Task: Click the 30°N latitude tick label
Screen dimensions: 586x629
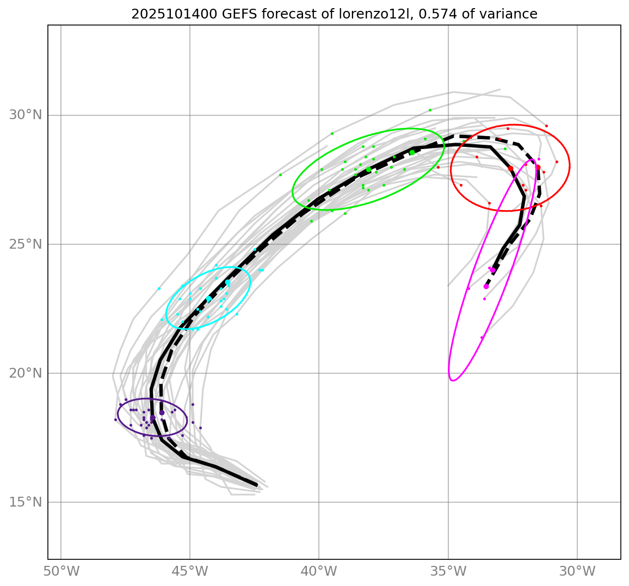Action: [x=26, y=115]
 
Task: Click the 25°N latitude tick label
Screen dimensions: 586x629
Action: [x=26, y=244]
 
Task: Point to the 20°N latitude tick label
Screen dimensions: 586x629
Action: [x=26, y=373]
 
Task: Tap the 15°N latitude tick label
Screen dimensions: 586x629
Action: [x=26, y=502]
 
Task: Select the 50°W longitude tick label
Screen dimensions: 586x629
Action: [x=61, y=572]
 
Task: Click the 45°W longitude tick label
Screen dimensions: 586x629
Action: [x=190, y=572]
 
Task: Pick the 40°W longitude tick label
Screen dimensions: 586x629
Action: [x=319, y=572]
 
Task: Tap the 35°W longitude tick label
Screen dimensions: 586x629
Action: [x=448, y=572]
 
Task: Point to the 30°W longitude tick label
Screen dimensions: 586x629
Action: [x=577, y=572]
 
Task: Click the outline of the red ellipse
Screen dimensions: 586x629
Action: [x=570, y=166]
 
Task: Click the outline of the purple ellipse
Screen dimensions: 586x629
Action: [x=187, y=420]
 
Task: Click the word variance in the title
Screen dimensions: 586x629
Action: [x=512, y=14]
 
